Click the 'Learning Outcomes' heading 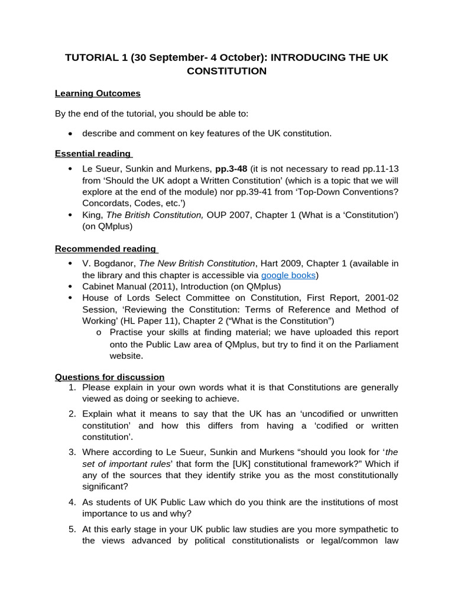pos(98,93)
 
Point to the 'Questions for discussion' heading pos(109,377)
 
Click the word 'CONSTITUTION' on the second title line pos(226,71)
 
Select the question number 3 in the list pos(71,452)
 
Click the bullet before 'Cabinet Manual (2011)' pos(70,286)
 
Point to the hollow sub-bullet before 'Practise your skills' pos(99,333)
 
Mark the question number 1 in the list pos(71,388)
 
